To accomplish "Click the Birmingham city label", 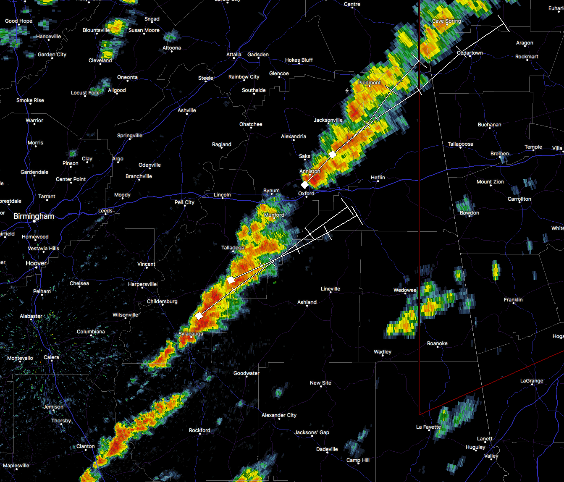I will [34, 216].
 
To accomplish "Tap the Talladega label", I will [233, 248].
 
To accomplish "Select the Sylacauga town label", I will [191, 334].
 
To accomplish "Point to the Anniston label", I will [310, 171].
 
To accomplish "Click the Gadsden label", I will [258, 55].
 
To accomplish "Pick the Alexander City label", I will [279, 415].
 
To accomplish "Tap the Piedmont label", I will [369, 83].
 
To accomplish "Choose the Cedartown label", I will [470, 53].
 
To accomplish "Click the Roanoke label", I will [437, 343].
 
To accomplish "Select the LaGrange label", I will [532, 381].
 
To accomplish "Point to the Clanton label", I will [85, 446].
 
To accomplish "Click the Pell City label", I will [184, 202].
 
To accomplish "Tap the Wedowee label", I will [405, 290].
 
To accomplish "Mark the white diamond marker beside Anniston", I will [305, 185].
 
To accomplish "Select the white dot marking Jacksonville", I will [328, 125].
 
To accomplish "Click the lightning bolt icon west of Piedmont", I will [347, 90].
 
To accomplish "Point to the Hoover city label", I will [36, 263].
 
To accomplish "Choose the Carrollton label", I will [519, 199].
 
